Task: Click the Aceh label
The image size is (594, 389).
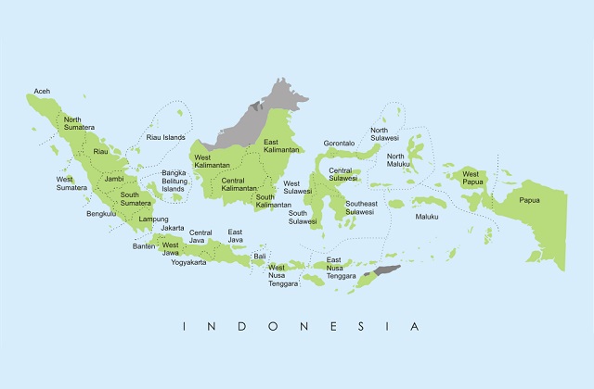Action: point(42,91)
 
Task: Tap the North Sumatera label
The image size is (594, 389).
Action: point(72,124)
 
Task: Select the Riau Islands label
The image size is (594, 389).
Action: point(166,137)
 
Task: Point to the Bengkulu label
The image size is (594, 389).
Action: point(101,214)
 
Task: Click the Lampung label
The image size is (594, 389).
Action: point(153,219)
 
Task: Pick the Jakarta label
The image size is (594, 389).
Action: point(172,228)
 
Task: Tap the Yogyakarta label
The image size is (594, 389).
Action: point(188,262)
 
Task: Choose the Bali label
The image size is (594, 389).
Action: point(260,255)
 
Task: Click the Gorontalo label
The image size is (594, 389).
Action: point(340,144)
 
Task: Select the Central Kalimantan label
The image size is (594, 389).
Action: point(239,183)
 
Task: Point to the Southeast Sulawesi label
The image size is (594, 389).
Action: point(360,207)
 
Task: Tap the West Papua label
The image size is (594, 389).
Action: point(471,178)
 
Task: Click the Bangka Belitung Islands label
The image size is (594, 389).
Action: point(174,181)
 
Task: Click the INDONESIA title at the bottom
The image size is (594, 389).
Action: point(302,326)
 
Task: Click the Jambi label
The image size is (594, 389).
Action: point(114,179)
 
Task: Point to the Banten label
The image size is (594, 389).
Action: point(144,246)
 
